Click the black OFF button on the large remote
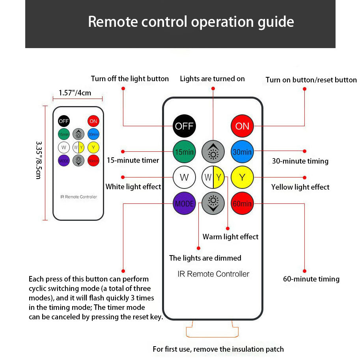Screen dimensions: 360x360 [x=184, y=126]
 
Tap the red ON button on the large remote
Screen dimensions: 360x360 [x=242, y=126]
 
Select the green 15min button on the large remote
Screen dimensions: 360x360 [x=184, y=152]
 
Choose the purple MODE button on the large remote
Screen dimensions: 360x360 [x=184, y=203]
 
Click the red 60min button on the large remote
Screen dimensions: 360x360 [x=242, y=203]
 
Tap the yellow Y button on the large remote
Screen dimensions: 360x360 [x=242, y=177]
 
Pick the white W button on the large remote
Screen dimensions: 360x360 [x=184, y=177]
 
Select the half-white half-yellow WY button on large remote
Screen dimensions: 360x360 [x=213, y=177]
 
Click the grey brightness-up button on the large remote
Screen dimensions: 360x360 [x=213, y=152]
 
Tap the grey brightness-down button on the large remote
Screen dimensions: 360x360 [x=213, y=203]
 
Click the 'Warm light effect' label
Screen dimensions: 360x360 [x=230, y=237]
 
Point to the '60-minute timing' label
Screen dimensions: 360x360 [x=311, y=279]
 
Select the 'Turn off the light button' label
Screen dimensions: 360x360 [x=130, y=79]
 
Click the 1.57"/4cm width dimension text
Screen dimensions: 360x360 [x=75, y=93]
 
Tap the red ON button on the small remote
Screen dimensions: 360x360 [x=93, y=121]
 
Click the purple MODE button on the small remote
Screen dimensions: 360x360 [x=64, y=160]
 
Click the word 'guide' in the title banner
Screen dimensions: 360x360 [x=274, y=21]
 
